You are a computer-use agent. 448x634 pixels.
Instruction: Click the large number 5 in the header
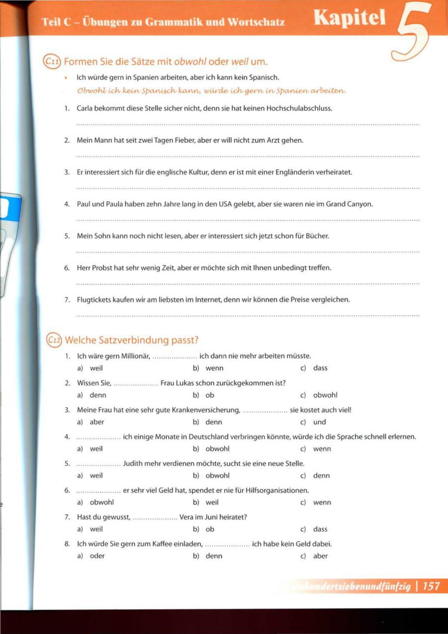pos(412,31)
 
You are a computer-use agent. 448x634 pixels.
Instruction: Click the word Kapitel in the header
pos(350,18)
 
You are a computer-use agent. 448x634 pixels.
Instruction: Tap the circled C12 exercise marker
pos(54,340)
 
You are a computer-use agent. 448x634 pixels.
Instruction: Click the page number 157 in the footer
pos(431,586)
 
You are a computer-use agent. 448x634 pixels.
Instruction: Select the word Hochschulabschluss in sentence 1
pos(299,108)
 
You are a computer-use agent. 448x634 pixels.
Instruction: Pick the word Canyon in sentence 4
pos(360,204)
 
